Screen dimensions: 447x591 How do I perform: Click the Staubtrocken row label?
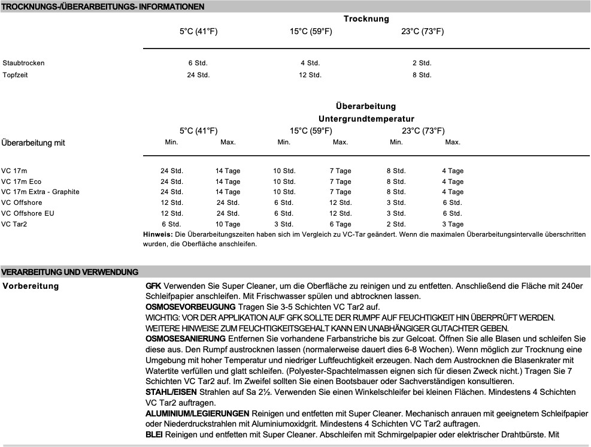click(x=23, y=63)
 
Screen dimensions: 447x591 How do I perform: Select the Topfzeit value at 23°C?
click(x=422, y=75)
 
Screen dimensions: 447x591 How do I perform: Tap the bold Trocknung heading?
click(x=366, y=19)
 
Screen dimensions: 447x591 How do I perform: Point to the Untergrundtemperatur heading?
click(x=366, y=119)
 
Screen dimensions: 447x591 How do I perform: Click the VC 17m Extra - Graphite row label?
click(x=40, y=192)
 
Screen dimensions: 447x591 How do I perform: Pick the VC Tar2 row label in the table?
click(x=14, y=223)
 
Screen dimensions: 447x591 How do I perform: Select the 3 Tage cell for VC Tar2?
click(x=452, y=223)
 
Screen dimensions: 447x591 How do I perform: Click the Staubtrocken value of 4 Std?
click(x=310, y=63)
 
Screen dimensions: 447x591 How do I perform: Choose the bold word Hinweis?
click(x=157, y=234)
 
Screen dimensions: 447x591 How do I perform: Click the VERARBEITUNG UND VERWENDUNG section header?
click(x=70, y=272)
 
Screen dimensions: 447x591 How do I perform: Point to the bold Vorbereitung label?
click(x=31, y=286)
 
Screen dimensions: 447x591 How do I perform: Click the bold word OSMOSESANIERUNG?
click(x=182, y=339)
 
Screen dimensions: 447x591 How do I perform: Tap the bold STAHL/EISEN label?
click(x=167, y=392)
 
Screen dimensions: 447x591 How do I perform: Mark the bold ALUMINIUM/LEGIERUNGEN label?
click(x=198, y=414)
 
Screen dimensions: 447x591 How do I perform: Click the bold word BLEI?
click(x=154, y=436)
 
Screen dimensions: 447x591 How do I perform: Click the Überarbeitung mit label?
click(x=33, y=143)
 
